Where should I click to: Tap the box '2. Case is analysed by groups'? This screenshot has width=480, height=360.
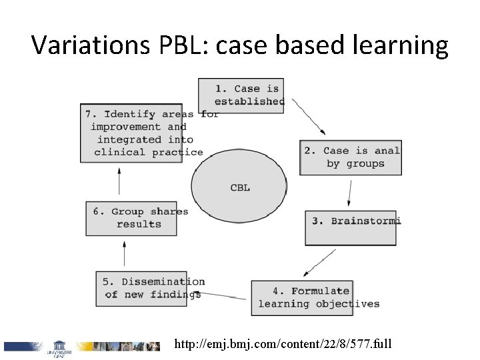tap(351, 157)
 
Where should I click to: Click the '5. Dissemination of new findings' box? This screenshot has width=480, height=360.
tap(150, 288)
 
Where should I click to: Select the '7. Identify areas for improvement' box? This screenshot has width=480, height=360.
tap(141, 133)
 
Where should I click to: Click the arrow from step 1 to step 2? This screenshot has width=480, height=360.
tap(308, 116)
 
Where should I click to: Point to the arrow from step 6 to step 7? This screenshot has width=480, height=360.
tap(119, 182)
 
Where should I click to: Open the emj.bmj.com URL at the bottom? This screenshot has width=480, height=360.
tap(283, 345)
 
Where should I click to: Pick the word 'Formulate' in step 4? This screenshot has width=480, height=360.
tap(320, 291)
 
